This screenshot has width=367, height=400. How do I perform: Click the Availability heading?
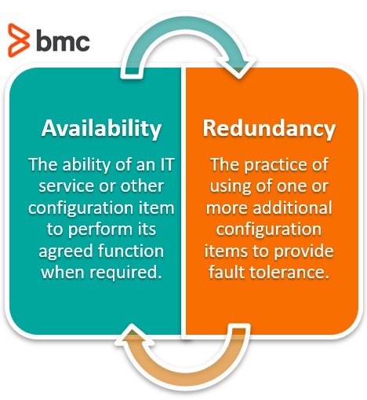coord(101,129)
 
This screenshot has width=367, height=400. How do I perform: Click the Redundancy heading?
coord(269,129)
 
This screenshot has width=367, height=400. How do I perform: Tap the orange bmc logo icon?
coord(18,40)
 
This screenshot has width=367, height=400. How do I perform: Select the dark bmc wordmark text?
coord(63,40)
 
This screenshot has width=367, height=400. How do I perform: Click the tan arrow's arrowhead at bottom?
coord(134,335)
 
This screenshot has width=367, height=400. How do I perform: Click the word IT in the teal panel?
coord(167,164)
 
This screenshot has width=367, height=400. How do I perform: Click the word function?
coord(131,251)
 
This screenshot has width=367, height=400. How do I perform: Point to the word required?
coord(125,273)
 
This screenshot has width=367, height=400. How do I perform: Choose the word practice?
coord(274,165)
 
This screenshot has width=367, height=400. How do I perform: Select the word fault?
coord(227,273)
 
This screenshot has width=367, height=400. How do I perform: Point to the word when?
coord(63,273)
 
